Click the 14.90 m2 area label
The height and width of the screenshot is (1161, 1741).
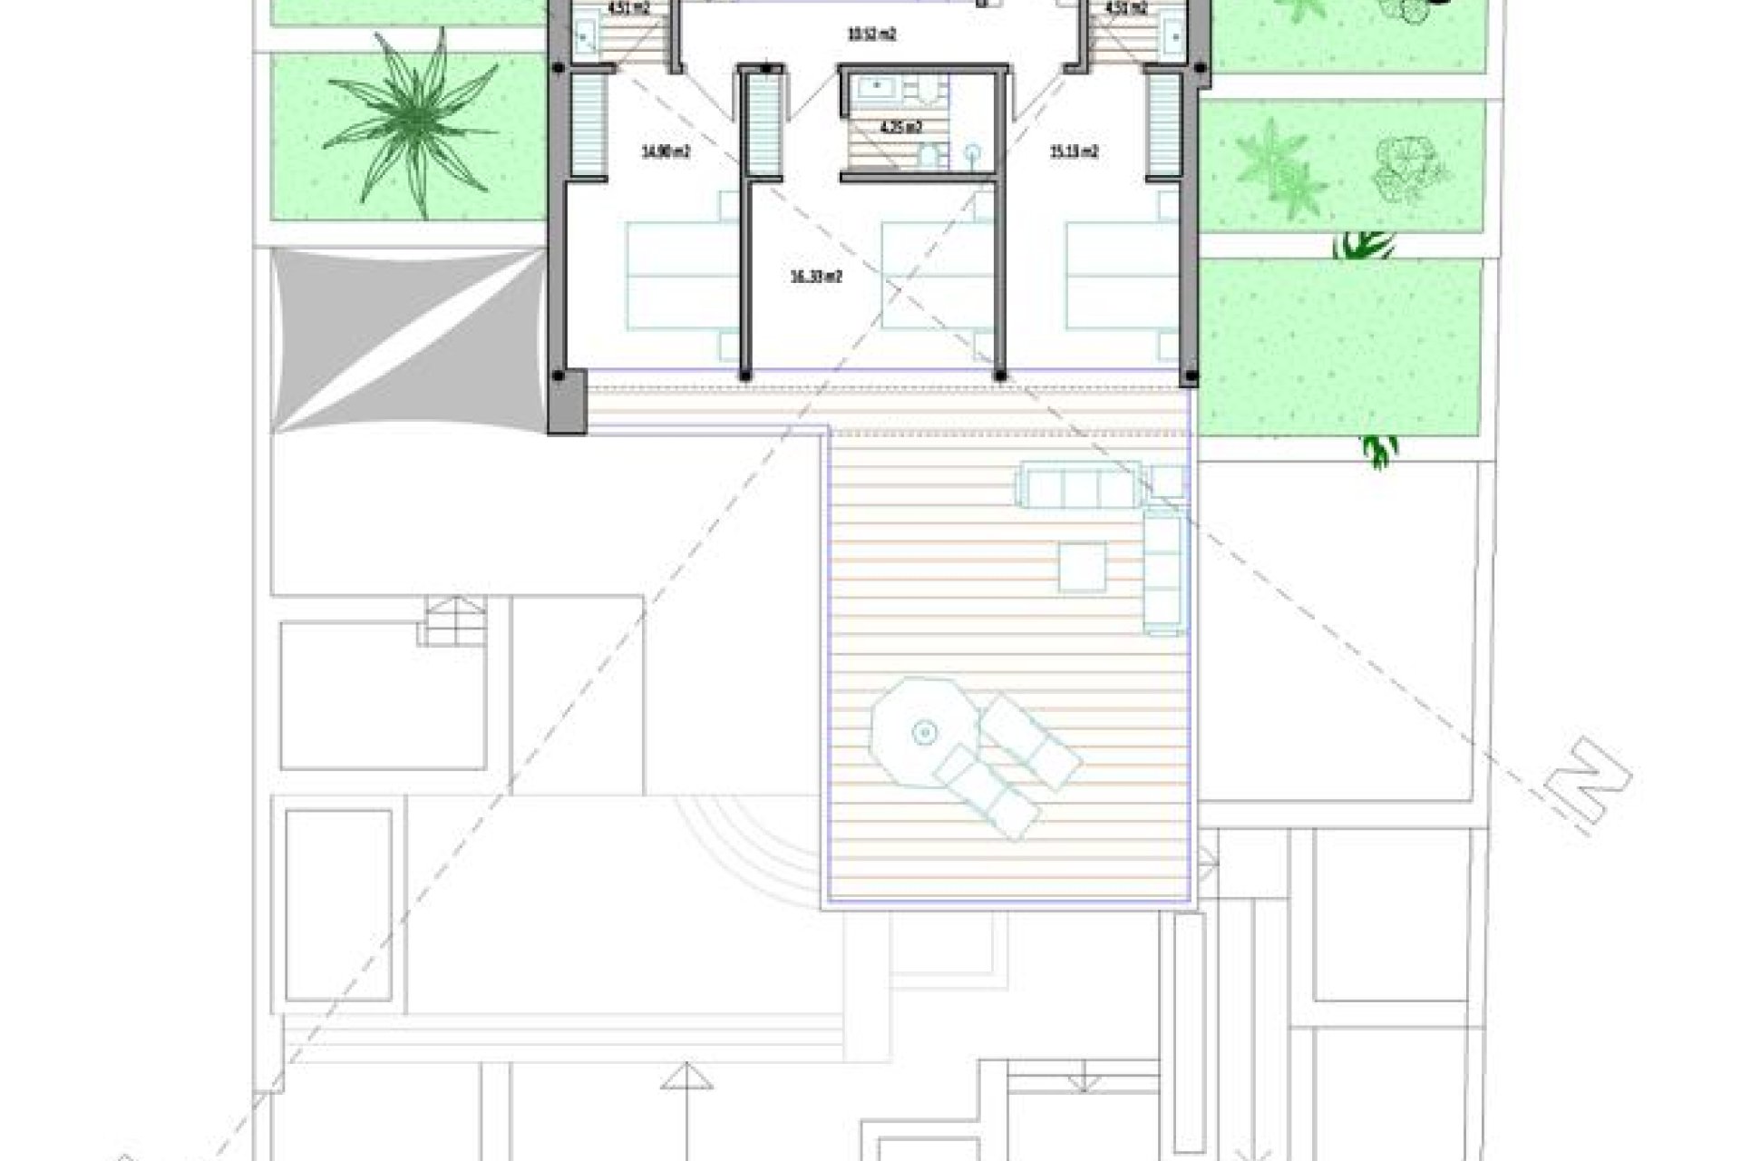click(666, 152)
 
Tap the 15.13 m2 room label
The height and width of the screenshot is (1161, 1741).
click(1074, 152)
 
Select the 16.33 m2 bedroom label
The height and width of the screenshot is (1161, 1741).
click(817, 278)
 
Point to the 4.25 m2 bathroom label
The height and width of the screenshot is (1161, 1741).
click(901, 127)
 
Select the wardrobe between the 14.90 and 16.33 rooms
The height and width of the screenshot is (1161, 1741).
click(764, 127)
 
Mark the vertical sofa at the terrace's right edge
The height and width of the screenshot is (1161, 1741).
click(1164, 570)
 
